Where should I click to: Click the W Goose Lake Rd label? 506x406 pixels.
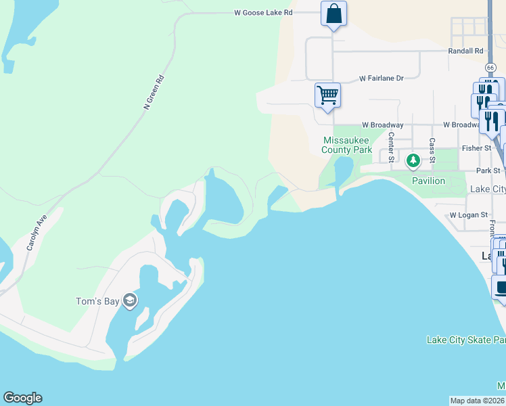coord(263,12)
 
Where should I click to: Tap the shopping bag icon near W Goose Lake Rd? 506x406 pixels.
coord(333,14)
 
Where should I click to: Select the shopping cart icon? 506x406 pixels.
coord(327,95)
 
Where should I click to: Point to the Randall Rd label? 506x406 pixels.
coord(466,51)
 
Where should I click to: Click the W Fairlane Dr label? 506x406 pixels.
coord(382,78)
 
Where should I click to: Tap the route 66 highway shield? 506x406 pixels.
coord(490,68)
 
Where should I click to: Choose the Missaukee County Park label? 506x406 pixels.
coord(346,145)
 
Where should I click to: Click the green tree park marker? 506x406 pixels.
coord(413,161)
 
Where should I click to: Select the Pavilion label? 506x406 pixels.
coord(429,181)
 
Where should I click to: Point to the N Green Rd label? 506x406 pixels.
coord(154,93)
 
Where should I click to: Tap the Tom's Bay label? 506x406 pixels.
coord(97,301)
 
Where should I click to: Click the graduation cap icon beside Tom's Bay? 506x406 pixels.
coord(130,300)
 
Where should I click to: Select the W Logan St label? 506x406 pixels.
coord(469,215)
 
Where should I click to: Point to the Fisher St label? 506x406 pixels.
coord(476,148)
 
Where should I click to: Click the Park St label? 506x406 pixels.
coord(488,171)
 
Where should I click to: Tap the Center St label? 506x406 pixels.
coord(391,147)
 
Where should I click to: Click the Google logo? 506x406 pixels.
coord(22,398)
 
